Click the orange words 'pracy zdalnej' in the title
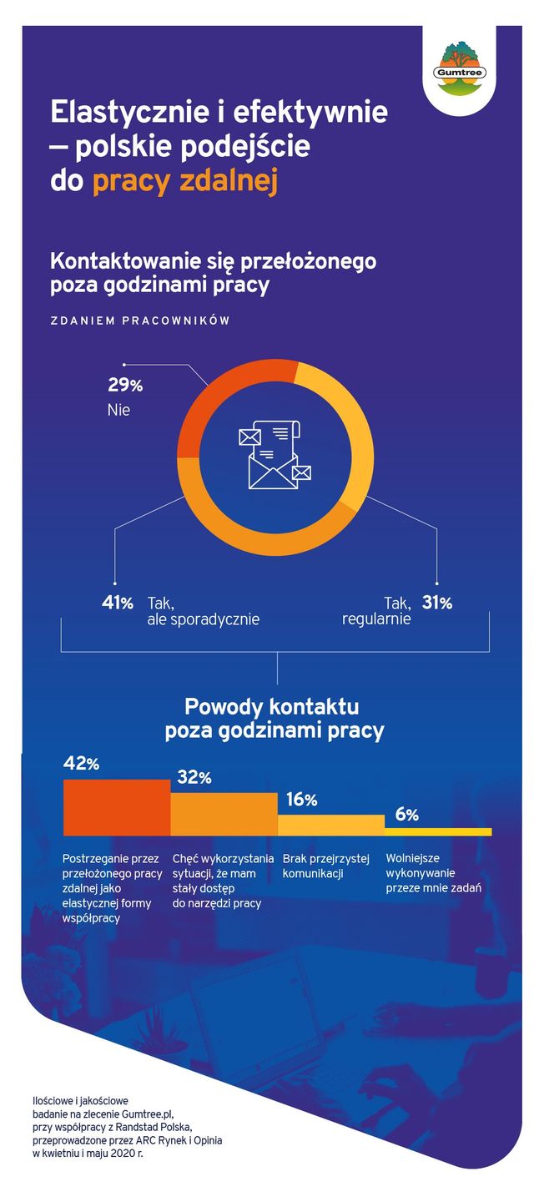coord(184,181)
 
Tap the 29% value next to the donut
coord(125,386)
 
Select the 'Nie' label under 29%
coord(119,411)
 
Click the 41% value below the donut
coord(118,603)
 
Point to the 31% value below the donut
coord(436,603)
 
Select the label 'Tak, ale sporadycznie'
coord(203,611)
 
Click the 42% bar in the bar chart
coord(117,807)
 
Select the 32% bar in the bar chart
coord(224,814)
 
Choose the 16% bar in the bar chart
coord(330,825)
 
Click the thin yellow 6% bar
coord(438,831)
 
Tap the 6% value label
coord(407,815)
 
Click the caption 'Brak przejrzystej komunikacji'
coord(324,866)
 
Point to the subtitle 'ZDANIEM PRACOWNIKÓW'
coord(139,321)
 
